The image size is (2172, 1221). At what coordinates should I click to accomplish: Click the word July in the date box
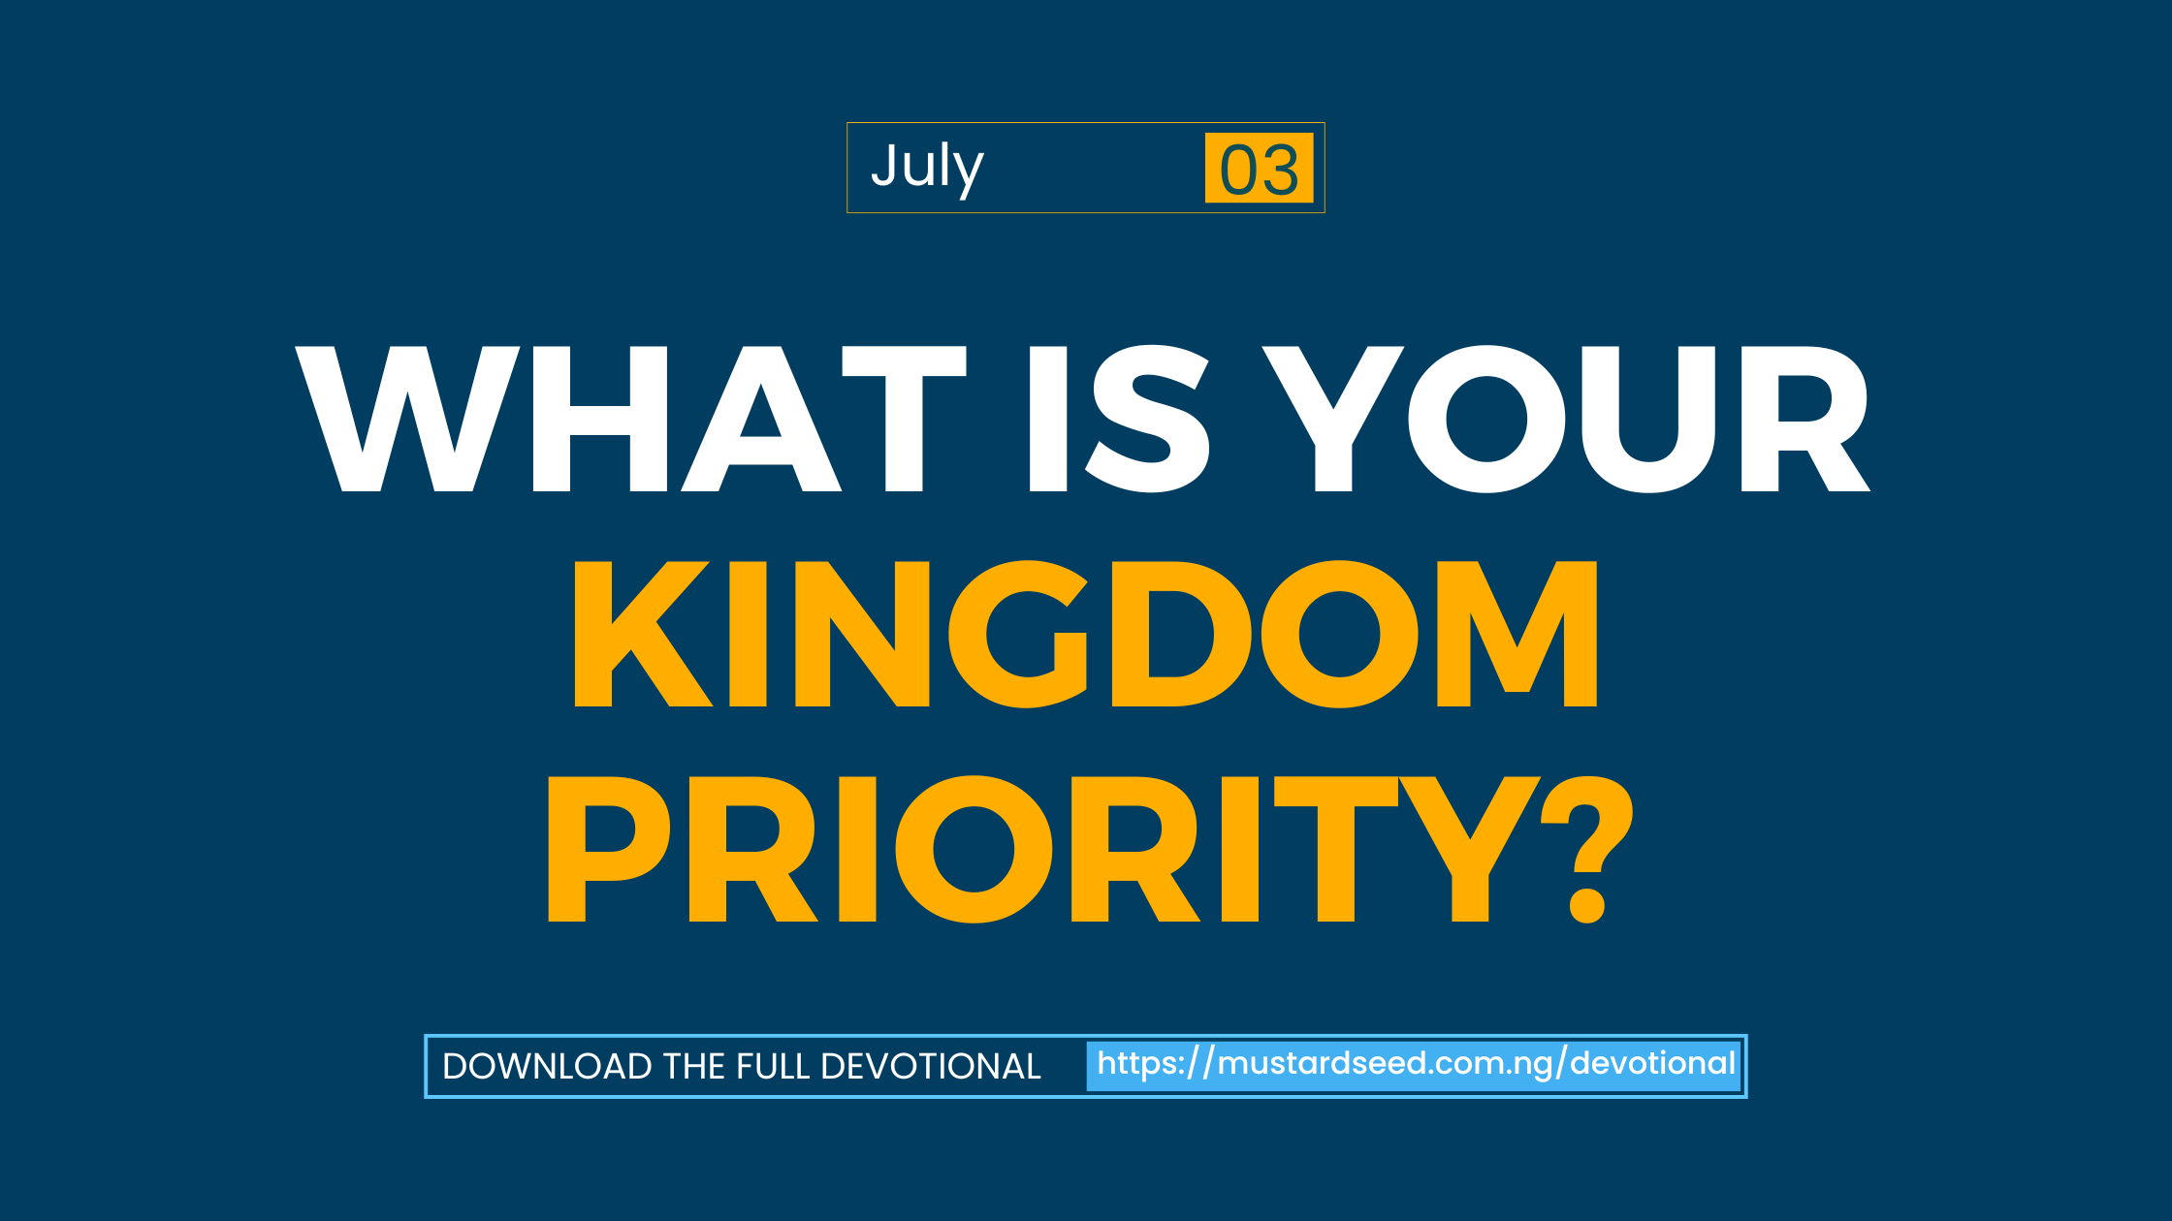[927, 169]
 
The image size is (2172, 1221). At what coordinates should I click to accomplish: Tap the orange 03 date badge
[1259, 168]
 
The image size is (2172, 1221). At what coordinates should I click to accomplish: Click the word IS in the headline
[1119, 419]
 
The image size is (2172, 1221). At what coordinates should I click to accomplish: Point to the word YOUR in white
[1566, 419]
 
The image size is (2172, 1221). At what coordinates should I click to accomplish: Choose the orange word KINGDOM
[1086, 634]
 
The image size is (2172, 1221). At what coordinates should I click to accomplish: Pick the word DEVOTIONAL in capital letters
[931, 1067]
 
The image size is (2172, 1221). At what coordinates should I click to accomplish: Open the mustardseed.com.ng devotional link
[1415, 1065]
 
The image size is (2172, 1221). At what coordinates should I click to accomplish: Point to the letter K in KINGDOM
[643, 634]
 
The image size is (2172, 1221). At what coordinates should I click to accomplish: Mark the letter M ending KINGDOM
[1517, 634]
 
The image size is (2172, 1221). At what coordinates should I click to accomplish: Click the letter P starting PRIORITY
[609, 849]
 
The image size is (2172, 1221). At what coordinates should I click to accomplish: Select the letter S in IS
[1148, 419]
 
